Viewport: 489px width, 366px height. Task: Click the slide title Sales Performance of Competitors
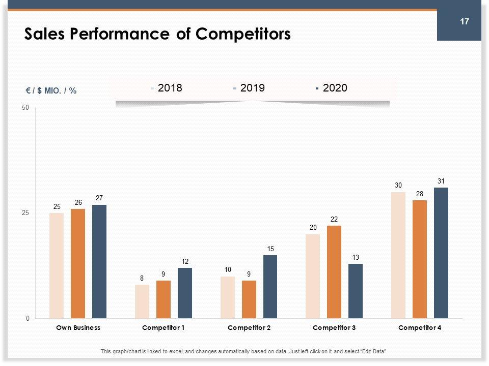tap(157, 34)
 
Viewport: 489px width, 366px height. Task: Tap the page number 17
tap(464, 21)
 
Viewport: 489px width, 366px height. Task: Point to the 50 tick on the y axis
tap(25, 108)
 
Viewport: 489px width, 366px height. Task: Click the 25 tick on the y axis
tap(25, 213)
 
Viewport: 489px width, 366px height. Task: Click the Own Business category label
tap(78, 328)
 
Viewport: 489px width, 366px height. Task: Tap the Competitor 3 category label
tap(335, 328)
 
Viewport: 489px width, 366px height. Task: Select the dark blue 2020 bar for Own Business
tap(99, 261)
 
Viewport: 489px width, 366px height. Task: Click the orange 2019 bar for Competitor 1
tap(164, 299)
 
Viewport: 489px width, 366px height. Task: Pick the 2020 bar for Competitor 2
tap(270, 287)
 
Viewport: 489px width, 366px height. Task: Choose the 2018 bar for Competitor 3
tap(313, 276)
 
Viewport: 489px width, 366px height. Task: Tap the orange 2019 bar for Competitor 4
tap(420, 259)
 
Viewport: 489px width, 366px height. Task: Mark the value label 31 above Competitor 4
tap(441, 181)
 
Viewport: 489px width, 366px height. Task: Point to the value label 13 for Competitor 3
tap(356, 258)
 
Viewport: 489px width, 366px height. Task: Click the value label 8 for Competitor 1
tap(142, 279)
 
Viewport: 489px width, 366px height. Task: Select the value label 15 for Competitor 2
tap(270, 249)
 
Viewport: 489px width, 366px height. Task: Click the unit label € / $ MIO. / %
tap(51, 90)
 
